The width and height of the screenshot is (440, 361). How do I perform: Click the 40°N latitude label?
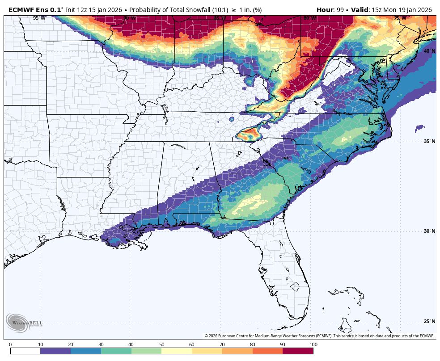(429, 51)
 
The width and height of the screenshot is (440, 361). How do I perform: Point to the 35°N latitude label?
(429, 142)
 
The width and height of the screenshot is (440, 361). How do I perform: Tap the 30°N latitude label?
(429, 231)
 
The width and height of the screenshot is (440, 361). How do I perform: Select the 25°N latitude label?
(429, 321)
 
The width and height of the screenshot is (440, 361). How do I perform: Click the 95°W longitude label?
(39, 18)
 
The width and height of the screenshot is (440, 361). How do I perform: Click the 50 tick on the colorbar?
(161, 344)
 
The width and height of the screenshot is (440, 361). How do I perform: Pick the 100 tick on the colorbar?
(313, 344)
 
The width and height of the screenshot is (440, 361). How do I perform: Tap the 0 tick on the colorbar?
(10, 344)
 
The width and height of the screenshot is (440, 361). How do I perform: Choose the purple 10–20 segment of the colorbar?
(55, 351)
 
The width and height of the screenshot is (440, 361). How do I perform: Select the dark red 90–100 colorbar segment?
(298, 351)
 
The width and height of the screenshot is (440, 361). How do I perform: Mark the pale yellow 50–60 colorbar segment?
(177, 351)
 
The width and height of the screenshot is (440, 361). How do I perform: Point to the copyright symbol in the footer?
(207, 336)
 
